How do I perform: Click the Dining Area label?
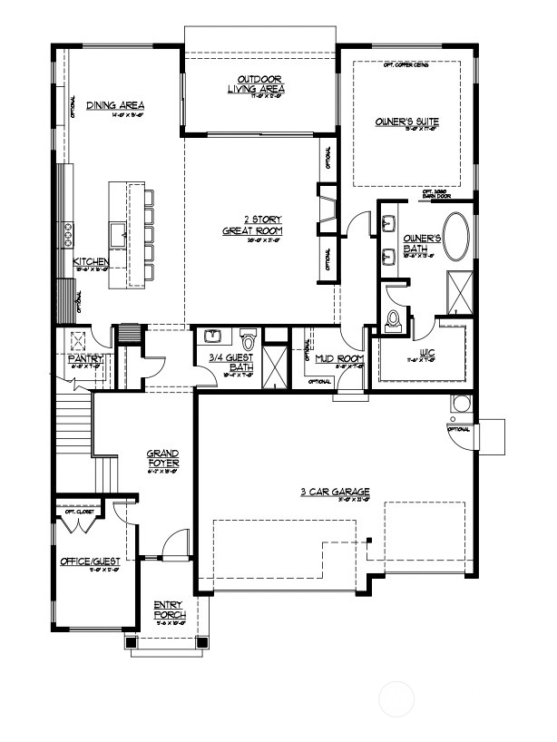click(x=115, y=106)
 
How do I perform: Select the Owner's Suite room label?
click(x=405, y=120)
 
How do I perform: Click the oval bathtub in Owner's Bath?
click(x=455, y=237)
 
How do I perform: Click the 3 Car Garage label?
click(x=327, y=493)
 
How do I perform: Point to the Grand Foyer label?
click(x=163, y=458)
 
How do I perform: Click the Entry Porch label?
click(x=169, y=610)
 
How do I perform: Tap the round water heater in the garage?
click(x=462, y=403)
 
